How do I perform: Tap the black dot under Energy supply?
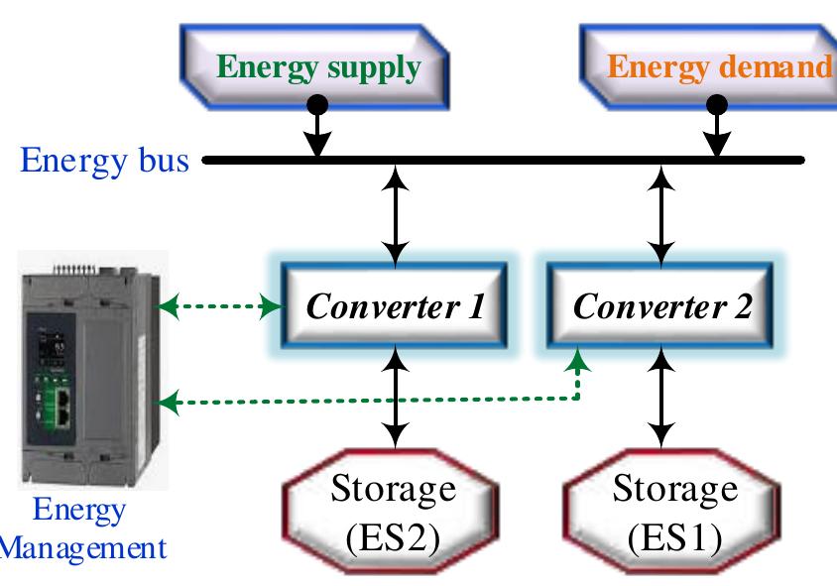[316, 103]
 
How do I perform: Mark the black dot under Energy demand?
[717, 103]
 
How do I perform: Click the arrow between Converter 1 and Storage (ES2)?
[396, 397]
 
